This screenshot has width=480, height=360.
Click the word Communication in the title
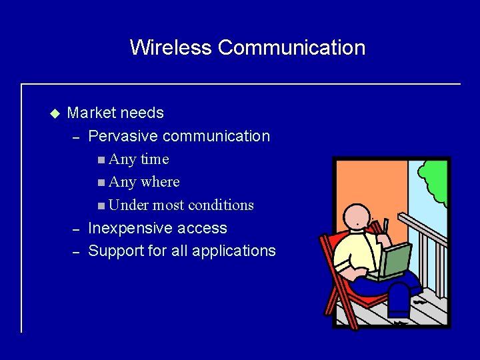(291, 47)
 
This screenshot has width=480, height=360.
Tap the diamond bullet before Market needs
(54, 113)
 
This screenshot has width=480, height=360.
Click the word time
(154, 159)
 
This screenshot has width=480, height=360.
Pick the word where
(160, 182)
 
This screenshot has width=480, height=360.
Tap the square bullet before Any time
(100, 160)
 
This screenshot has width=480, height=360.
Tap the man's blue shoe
(399, 311)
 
